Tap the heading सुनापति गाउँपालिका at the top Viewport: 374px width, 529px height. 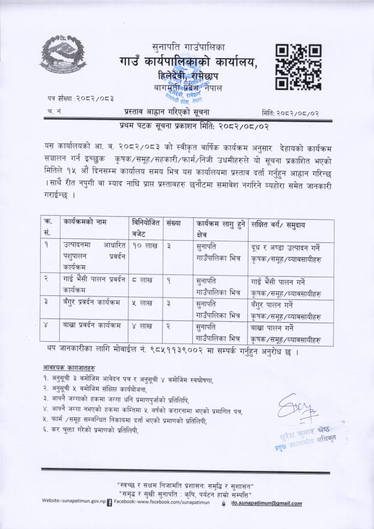pyautogui.click(x=188, y=46)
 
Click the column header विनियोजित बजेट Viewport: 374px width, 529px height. pyautogui.click(x=145, y=227)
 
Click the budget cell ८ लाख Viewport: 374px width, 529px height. pyautogui.click(x=141, y=280)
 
